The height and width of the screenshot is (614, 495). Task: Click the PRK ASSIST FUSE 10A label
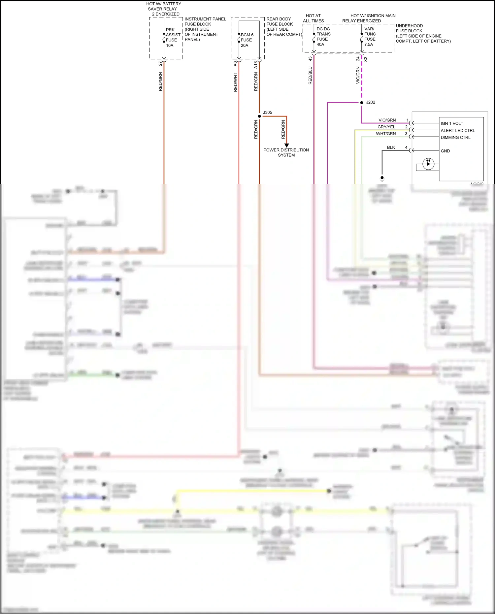(x=173, y=37)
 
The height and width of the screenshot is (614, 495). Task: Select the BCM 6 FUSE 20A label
(x=247, y=40)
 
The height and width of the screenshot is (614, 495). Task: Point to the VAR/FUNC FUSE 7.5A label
(x=370, y=37)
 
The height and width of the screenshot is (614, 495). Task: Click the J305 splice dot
(x=259, y=116)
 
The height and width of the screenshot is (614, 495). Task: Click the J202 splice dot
(x=362, y=103)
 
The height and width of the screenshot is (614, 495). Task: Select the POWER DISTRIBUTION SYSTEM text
(x=286, y=152)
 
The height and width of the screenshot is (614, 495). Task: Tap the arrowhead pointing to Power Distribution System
(x=286, y=145)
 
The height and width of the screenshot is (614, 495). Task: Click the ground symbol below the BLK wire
(x=382, y=178)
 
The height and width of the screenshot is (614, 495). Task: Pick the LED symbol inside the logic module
(x=428, y=164)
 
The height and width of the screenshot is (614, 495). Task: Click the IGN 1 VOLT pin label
(x=452, y=123)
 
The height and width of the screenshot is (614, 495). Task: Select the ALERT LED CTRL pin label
(x=457, y=130)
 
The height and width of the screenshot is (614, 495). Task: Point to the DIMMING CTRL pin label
(x=455, y=138)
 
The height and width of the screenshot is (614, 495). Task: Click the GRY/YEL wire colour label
(x=386, y=127)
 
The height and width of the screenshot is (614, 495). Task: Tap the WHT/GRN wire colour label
(x=385, y=134)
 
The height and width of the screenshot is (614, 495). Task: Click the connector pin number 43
(x=310, y=59)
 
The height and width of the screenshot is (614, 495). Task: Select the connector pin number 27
(x=160, y=63)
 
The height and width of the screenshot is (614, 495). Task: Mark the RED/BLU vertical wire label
(x=310, y=76)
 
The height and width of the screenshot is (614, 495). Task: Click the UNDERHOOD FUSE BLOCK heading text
(x=409, y=28)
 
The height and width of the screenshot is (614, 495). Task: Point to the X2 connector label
(x=366, y=59)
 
